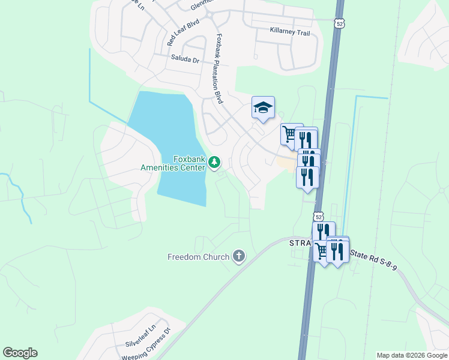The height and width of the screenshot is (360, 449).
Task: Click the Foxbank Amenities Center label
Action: click(173, 163)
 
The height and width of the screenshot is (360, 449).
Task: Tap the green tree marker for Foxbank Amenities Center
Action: click(215, 163)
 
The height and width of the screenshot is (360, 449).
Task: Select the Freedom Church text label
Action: click(198, 257)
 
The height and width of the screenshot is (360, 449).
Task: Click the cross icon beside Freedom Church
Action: click(239, 256)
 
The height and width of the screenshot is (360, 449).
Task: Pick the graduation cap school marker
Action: click(263, 107)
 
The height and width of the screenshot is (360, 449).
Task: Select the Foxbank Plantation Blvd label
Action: click(218, 68)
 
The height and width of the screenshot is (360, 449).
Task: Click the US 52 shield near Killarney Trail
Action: click(340, 23)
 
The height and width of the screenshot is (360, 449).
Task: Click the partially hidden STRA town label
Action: click(299, 243)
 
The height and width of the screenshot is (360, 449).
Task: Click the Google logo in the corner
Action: click(20, 353)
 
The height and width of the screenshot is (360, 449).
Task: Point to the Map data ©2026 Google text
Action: click(412, 355)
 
